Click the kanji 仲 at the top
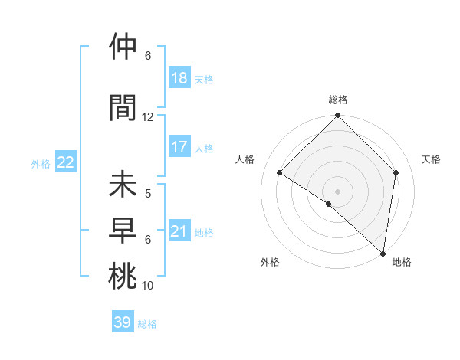pos(123,47)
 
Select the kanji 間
pos(123,108)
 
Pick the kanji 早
pos(123,231)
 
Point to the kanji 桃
pos(123,277)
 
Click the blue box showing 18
pos(179,78)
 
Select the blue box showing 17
pos(179,147)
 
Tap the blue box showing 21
pos(179,231)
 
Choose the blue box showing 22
pos(66,162)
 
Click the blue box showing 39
pos(123,322)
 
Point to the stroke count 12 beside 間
pos(148,117)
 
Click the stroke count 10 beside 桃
pos(148,286)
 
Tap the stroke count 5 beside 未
pos(148,194)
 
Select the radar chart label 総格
pos(338,100)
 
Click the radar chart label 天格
pos(432,159)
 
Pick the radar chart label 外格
pos(270,262)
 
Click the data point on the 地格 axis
pos(383,253)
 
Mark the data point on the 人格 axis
pos(280,173)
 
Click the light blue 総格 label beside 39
pos(147,324)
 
